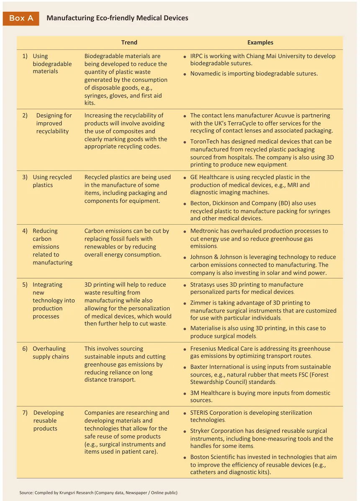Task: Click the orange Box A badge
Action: click(21, 18)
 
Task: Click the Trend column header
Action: click(129, 42)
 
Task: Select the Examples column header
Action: click(260, 42)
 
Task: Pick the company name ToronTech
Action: click(205, 141)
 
